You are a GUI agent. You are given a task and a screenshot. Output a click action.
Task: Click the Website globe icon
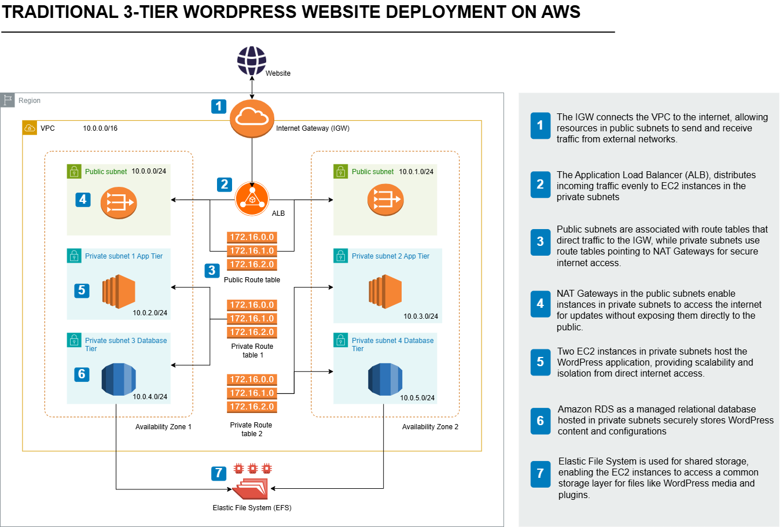[x=252, y=61]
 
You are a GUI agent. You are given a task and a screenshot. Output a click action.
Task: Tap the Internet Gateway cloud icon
[x=252, y=118]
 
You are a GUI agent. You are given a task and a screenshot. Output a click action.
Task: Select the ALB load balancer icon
[x=252, y=199]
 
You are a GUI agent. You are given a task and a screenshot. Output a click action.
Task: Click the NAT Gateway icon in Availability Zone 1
[x=119, y=202]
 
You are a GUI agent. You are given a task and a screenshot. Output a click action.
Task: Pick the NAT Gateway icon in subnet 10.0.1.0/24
[x=385, y=200]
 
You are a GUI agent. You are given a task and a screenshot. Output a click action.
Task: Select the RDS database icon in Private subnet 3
[x=119, y=379]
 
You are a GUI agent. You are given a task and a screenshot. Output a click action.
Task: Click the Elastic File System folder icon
[x=251, y=488]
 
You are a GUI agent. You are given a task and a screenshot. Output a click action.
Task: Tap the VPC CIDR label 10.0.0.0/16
[x=100, y=128]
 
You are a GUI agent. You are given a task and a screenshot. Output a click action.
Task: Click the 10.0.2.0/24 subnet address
[x=150, y=313]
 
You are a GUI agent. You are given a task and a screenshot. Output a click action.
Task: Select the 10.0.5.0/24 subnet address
[x=417, y=398]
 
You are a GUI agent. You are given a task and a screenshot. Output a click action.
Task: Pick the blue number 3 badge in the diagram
[x=212, y=270]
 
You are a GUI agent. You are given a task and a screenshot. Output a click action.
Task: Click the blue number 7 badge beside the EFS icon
[x=218, y=473]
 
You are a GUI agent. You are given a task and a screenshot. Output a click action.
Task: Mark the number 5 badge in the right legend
[x=540, y=362]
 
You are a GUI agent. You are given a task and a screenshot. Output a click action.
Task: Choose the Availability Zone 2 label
[x=430, y=427]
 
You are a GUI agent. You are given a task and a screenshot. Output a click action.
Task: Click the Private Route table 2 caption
[x=251, y=429]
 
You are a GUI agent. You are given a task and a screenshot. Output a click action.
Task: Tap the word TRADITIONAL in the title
[x=60, y=12]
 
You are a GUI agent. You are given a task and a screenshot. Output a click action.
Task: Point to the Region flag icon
[x=7, y=100]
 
